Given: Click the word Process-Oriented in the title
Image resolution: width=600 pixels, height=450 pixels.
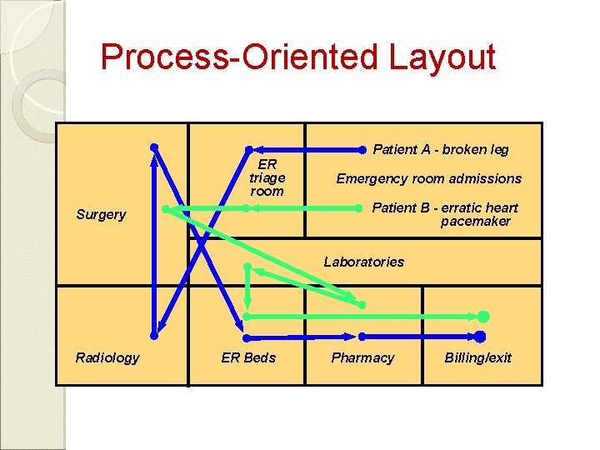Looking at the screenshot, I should (x=239, y=57).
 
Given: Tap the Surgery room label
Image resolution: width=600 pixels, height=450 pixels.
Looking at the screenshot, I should (x=101, y=214).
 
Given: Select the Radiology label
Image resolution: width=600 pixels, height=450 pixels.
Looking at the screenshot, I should (x=107, y=357).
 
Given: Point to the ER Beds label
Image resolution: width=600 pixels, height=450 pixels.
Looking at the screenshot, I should (x=248, y=357).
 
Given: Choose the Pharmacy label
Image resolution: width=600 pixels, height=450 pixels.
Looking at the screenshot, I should (x=362, y=357).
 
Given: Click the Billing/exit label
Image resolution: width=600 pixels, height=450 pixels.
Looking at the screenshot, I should (x=477, y=357).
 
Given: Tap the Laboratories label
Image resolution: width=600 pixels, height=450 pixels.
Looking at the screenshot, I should (x=363, y=262).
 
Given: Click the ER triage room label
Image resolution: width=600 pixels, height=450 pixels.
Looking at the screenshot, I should (x=267, y=177).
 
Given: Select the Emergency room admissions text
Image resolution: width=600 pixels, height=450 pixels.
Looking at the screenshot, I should (x=428, y=178).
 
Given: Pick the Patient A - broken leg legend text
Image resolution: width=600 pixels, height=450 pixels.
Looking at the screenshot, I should (x=440, y=150).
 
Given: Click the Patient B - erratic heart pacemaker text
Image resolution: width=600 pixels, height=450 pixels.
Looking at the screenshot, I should (x=444, y=214).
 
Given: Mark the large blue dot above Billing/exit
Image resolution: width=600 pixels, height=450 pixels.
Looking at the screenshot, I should (x=480, y=336).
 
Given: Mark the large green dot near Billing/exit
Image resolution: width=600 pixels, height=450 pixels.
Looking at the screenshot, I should (x=482, y=317).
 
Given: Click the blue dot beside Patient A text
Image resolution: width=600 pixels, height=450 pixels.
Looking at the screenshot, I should (x=362, y=150).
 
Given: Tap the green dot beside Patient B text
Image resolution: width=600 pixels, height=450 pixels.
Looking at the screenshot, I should (x=362, y=208).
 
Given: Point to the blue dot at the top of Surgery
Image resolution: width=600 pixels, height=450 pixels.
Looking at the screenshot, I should (x=154, y=147).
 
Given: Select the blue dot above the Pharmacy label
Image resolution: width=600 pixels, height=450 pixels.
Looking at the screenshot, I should (x=362, y=337).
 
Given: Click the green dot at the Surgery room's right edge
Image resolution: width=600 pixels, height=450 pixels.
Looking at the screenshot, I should (x=165, y=208).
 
